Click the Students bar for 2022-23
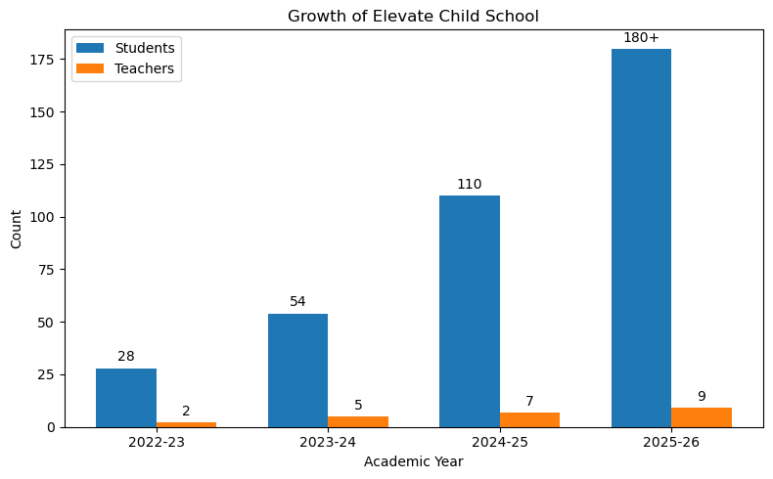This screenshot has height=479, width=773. pyautogui.click(x=126, y=398)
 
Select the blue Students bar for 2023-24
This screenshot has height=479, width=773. pyautogui.click(x=297, y=370)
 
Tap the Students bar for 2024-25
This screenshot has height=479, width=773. pyautogui.click(x=470, y=312)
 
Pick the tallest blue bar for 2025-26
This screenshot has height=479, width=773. pyautogui.click(x=641, y=239)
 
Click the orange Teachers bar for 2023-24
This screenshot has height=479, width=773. pyautogui.click(x=358, y=421)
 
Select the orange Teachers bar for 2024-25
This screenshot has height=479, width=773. pyautogui.click(x=529, y=419)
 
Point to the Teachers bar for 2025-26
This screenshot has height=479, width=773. pyautogui.click(x=702, y=417)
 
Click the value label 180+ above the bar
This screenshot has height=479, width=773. pyautogui.click(x=641, y=37)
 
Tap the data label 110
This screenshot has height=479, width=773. pyautogui.click(x=470, y=184)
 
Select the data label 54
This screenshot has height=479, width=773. pyautogui.click(x=297, y=301)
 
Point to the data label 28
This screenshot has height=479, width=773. pyautogui.click(x=126, y=356)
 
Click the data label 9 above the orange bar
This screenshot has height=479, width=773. pyautogui.click(x=702, y=396)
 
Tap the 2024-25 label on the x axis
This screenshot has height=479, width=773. pyautogui.click(x=499, y=443)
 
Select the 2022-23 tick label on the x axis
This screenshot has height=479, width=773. pyautogui.click(x=157, y=443)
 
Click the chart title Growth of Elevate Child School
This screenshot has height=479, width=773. pyautogui.click(x=413, y=16)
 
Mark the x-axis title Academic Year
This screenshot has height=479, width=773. pyautogui.click(x=413, y=461)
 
